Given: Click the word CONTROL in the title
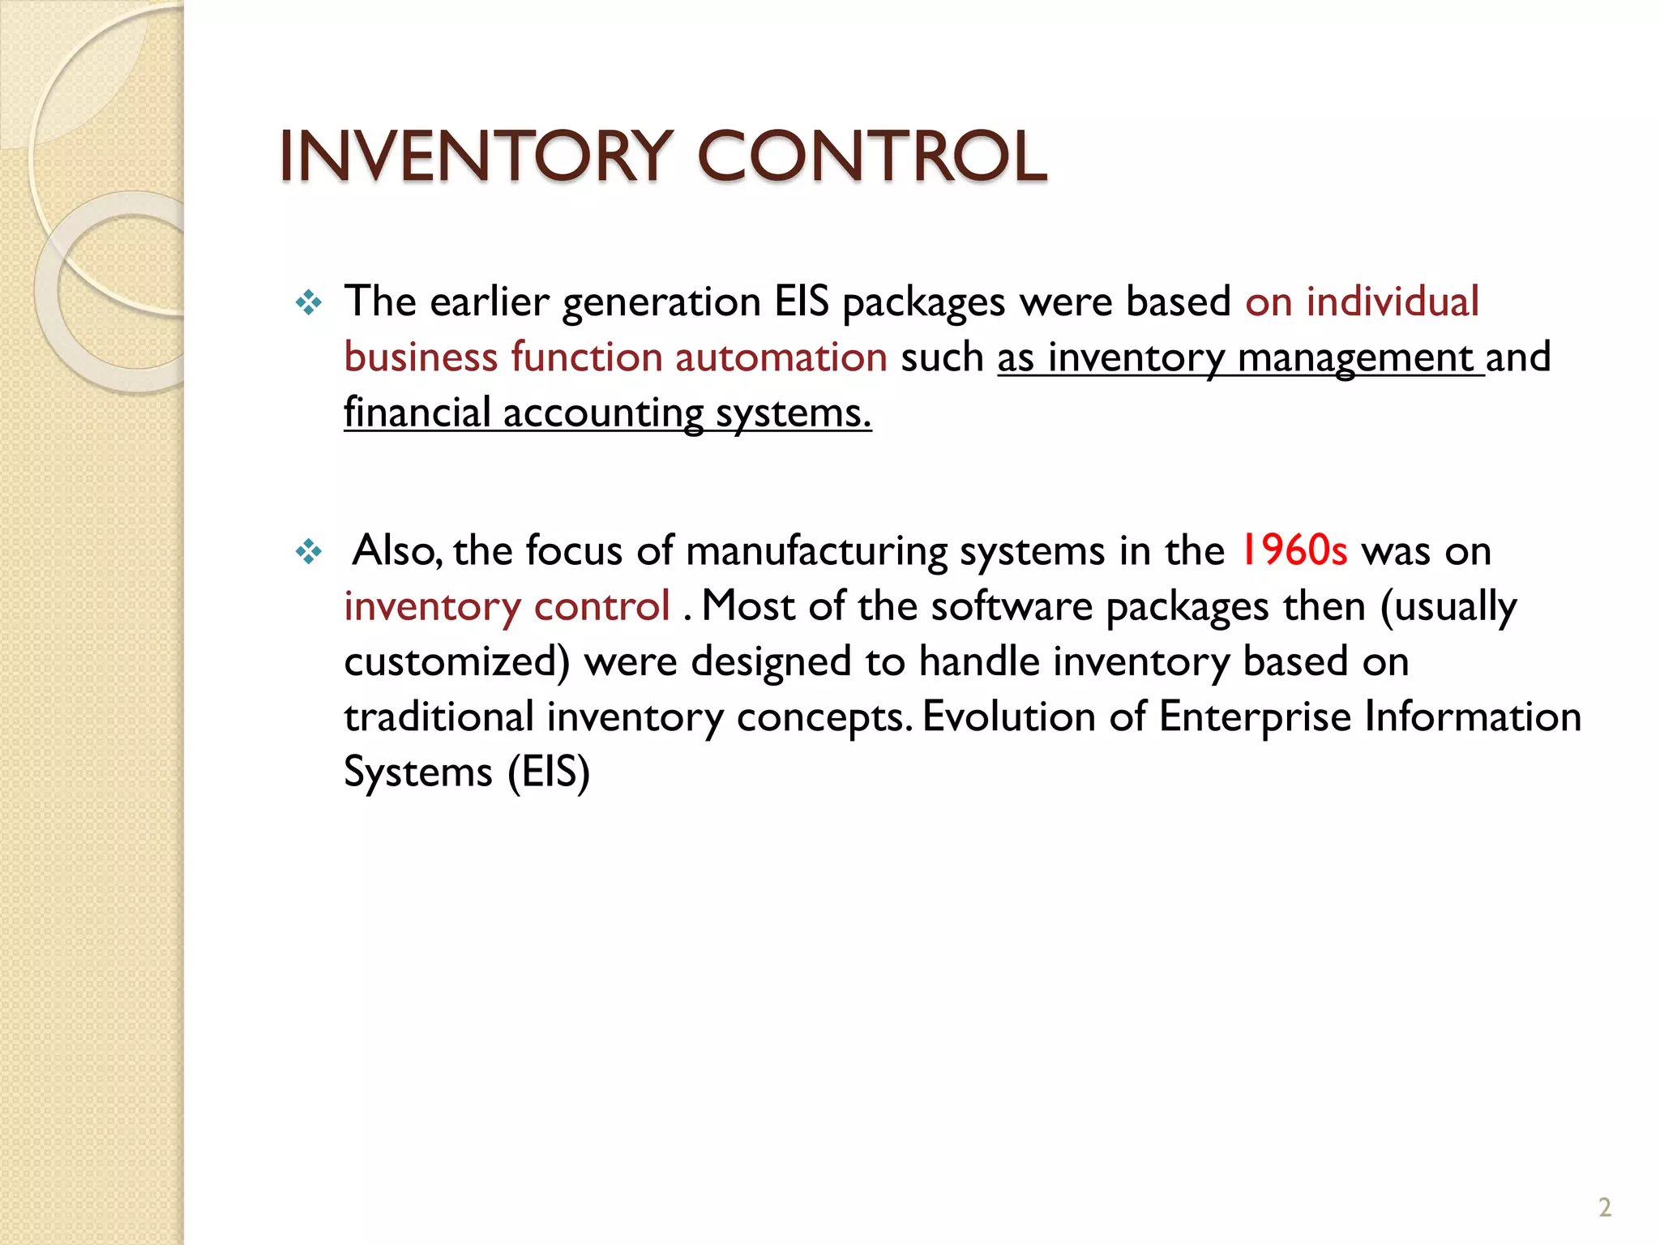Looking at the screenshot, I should point(872,156).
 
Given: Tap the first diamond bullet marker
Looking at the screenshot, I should point(309,304).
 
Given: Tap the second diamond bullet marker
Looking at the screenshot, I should point(309,553).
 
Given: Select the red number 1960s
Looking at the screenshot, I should point(1294,550).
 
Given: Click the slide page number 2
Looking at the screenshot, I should point(1605,1208).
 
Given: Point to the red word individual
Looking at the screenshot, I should point(1393,302).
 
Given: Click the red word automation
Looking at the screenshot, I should point(781,357).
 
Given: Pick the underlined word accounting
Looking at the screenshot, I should point(603,413).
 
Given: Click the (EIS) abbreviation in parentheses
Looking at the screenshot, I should point(549,772).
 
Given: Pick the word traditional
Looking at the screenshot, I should point(439,717).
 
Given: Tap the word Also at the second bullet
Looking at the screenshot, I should point(396,551).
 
